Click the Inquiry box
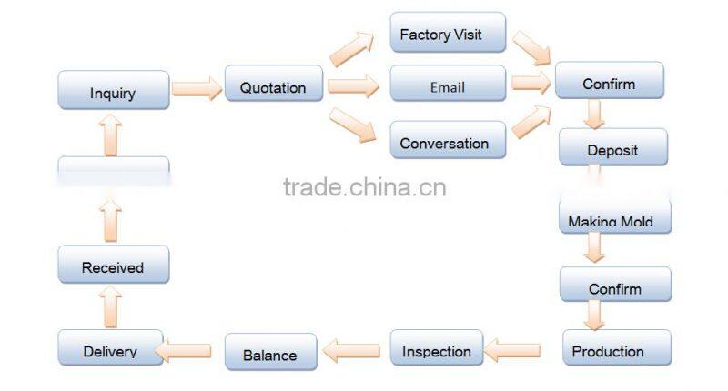coord(113,91)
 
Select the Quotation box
coord(273,87)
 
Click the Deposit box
coord(612,148)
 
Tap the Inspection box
coord(437,350)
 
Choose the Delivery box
coord(111,350)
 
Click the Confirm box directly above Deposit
coord(609,83)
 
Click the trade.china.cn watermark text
coord(364,188)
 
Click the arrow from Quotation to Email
coord(354,87)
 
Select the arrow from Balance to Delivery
coord(187,350)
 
